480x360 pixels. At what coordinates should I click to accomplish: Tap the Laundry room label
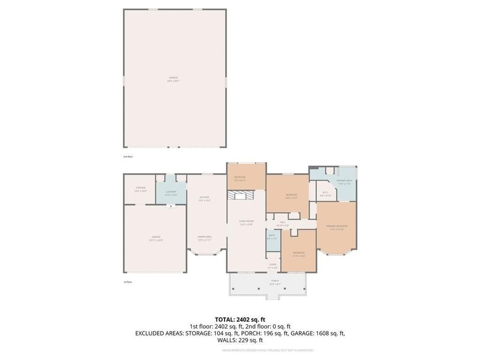[x=171, y=193]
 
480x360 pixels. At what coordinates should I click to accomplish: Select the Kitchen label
[x=205, y=199]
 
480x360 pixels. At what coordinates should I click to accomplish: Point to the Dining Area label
[x=205, y=239]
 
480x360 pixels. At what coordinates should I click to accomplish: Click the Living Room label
[x=246, y=222]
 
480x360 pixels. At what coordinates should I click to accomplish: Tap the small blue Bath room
[x=272, y=236]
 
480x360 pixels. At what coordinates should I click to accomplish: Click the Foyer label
[x=273, y=266]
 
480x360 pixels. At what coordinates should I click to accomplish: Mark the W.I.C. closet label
[x=325, y=194]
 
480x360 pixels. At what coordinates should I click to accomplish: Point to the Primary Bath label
[x=343, y=182]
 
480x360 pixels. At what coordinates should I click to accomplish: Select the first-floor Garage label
[x=156, y=238]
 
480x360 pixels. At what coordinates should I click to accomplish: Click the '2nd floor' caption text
[x=127, y=157]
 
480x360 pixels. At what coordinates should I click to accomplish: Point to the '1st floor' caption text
[x=127, y=282]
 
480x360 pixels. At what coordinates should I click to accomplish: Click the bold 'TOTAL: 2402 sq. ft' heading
[x=240, y=319]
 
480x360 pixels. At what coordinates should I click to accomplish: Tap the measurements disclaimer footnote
[x=267, y=350]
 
